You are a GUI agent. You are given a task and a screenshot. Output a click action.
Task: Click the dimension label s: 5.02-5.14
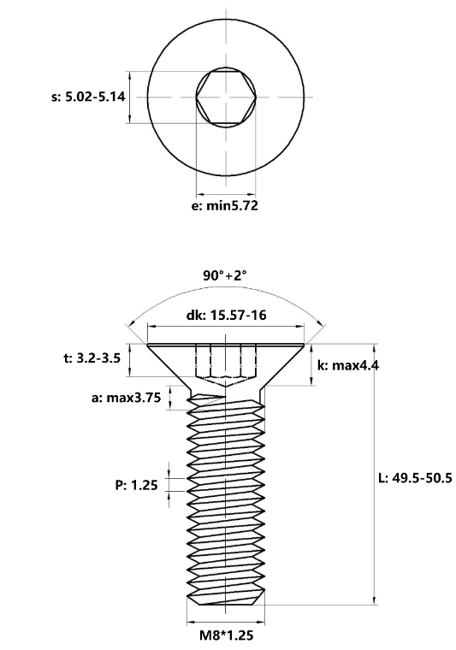pos(88,97)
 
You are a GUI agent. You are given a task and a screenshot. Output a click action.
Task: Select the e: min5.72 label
pos(224,206)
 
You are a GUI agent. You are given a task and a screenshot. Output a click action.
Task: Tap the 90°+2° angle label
pos(225,275)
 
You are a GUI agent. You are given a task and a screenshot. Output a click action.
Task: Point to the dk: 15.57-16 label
pos(226,316)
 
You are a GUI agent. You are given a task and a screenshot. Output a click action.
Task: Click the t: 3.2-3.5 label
pos(92,360)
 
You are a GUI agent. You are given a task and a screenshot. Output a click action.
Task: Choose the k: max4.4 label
pos(347,365)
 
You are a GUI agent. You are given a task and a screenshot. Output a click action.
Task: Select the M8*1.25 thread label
pos(226,635)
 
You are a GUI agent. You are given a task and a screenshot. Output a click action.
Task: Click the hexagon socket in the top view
pos(226,97)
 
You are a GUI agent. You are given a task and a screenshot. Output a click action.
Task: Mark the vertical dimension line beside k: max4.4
pos(311,365)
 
